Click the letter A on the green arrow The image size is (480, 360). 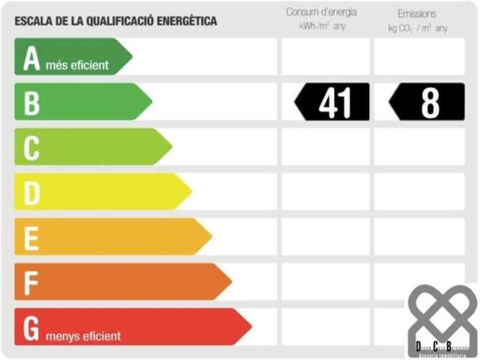tap(31, 58)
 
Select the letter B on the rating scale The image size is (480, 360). tap(31, 103)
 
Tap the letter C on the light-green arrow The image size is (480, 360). tap(31, 147)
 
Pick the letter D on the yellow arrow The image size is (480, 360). tap(32, 193)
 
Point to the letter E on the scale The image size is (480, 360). tap(31, 237)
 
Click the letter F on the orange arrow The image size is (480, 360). tap(31, 282)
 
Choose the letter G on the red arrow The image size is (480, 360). tap(32, 327)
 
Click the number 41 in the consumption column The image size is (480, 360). tap(335, 102)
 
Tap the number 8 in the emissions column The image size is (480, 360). tap(430, 102)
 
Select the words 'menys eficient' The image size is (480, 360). tap(83, 336)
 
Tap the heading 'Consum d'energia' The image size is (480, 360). tap(321, 13)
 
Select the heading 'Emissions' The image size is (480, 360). tap(417, 13)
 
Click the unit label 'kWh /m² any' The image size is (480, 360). tap(322, 27)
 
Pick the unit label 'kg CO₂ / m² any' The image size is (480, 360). tap(417, 28)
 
